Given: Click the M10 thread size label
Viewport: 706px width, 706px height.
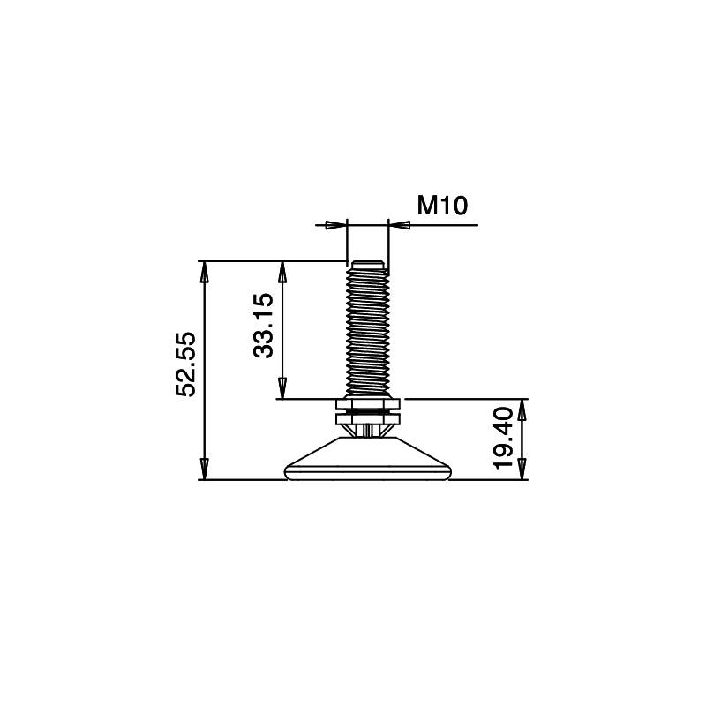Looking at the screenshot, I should coord(442,207).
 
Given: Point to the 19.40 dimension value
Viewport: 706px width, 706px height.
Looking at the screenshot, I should coord(503,438).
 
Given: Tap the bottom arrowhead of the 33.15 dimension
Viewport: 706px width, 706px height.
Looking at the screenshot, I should coord(282,389).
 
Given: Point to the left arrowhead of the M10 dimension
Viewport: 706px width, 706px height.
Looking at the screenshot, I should coord(336,225).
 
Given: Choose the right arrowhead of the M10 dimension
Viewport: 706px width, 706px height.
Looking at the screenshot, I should coord(400,225).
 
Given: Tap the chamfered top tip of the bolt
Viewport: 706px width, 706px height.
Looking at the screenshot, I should coord(368,263).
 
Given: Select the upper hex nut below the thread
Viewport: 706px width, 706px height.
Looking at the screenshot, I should coord(368,403).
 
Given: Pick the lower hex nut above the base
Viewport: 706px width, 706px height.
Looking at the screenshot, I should coord(368,417).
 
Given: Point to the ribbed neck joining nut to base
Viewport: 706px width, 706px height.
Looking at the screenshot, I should coord(368,430).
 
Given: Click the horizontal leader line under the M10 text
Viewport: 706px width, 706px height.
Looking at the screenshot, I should coord(441,225).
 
